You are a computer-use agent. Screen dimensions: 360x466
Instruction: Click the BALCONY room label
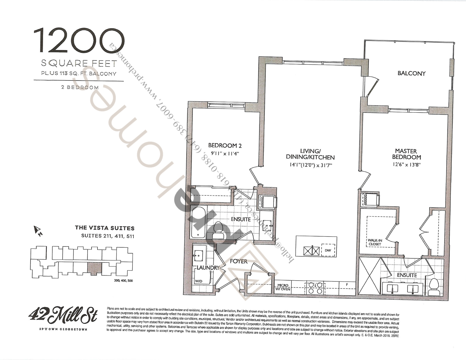click(411, 73)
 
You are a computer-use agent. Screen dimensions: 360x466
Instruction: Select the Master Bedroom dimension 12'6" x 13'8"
click(406, 165)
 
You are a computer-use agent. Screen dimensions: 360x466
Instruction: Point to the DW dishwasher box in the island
click(328, 250)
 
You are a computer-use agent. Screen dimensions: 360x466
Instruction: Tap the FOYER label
click(239, 261)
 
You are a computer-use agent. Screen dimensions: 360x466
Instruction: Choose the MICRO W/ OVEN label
click(283, 287)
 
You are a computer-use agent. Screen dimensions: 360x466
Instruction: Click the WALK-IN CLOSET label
click(375, 242)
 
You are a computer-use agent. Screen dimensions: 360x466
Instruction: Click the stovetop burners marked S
click(315, 288)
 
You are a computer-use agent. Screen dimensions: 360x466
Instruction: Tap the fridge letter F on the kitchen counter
click(347, 285)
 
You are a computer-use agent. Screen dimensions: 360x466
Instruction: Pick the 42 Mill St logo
click(63, 315)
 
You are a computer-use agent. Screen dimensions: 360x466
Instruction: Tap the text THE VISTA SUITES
click(105, 228)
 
